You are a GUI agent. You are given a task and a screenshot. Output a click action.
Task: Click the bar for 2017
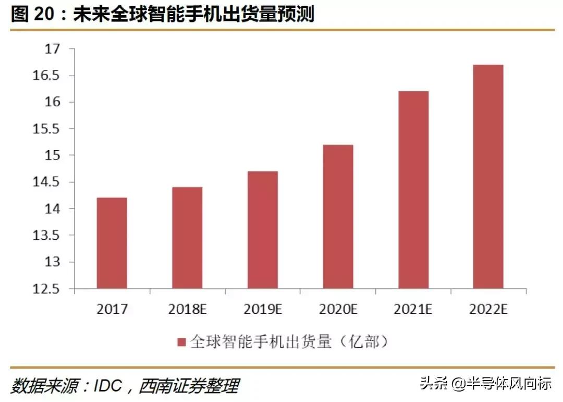[112, 243]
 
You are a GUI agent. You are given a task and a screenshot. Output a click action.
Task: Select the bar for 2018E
[187, 238]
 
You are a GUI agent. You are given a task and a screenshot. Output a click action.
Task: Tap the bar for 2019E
[263, 230]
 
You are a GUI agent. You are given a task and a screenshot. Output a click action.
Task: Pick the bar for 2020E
[338, 216]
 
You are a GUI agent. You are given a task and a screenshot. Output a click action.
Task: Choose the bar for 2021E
[413, 190]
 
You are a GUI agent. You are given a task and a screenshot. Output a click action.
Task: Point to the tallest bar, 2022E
[488, 176]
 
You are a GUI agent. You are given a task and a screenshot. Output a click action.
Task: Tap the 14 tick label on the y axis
[53, 209]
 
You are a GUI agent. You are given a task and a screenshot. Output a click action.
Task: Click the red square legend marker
[182, 343]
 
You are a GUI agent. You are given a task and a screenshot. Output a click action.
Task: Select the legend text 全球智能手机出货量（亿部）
[289, 342]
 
